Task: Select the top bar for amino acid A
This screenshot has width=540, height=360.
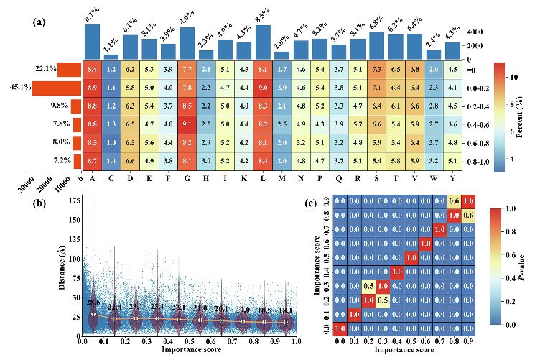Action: click(93, 41)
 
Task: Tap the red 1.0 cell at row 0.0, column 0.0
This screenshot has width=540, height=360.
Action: click(340, 328)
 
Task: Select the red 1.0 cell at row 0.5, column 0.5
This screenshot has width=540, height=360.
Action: click(410, 257)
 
